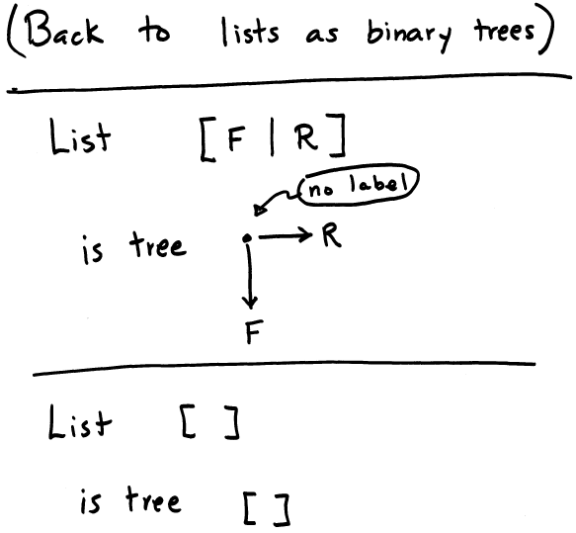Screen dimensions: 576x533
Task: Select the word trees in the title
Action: [x=504, y=31]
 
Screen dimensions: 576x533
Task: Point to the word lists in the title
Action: [x=250, y=33]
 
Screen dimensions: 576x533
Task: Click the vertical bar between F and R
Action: [x=272, y=136]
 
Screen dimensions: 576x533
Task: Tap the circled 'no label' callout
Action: [x=359, y=185]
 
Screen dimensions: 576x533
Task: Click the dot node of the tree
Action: [x=247, y=238]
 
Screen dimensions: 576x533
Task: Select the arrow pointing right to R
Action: [x=286, y=235]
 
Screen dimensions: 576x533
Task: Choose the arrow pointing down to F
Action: [x=250, y=277]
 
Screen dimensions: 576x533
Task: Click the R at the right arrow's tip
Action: [x=331, y=235]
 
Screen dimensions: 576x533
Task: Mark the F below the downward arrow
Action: [x=254, y=331]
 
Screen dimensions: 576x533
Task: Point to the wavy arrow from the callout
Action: [x=277, y=202]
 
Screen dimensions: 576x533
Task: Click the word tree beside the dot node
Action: [x=158, y=244]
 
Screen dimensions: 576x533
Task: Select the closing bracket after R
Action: [x=338, y=135]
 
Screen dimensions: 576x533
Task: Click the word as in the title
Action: [x=322, y=35]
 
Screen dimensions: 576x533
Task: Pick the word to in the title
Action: [x=154, y=31]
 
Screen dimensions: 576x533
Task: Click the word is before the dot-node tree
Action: [x=92, y=249]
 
